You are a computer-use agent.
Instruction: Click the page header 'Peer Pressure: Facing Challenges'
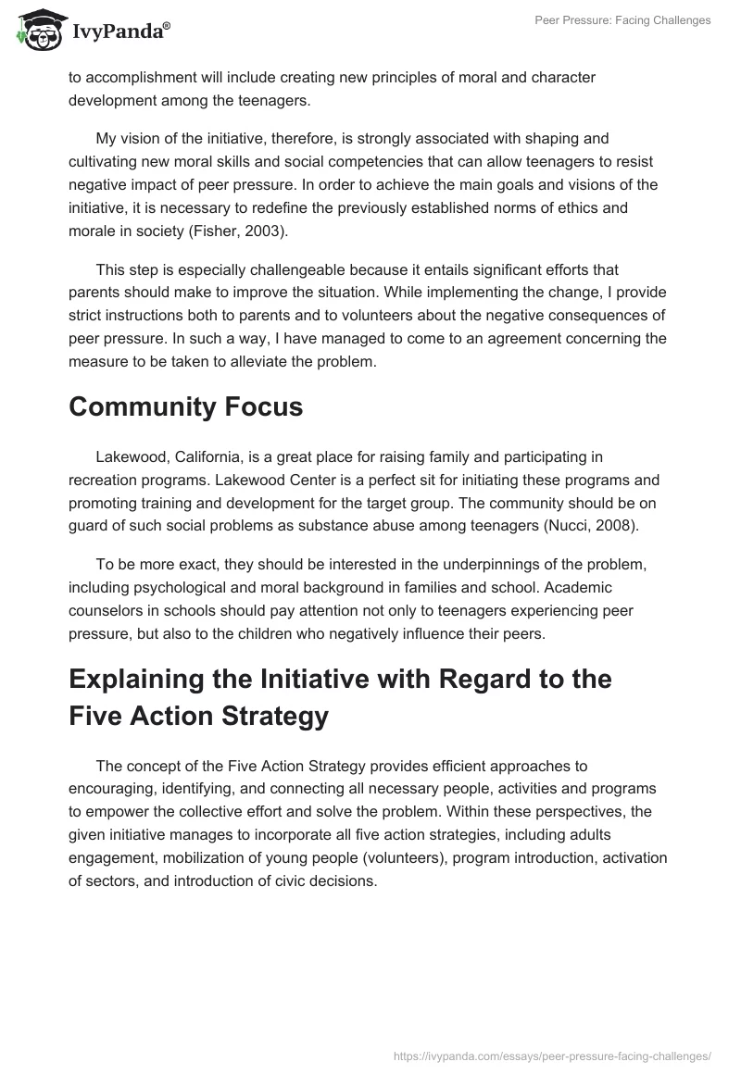[x=623, y=20]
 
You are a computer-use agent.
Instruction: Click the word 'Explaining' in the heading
[x=140, y=679]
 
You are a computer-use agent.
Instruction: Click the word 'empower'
[x=119, y=811]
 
